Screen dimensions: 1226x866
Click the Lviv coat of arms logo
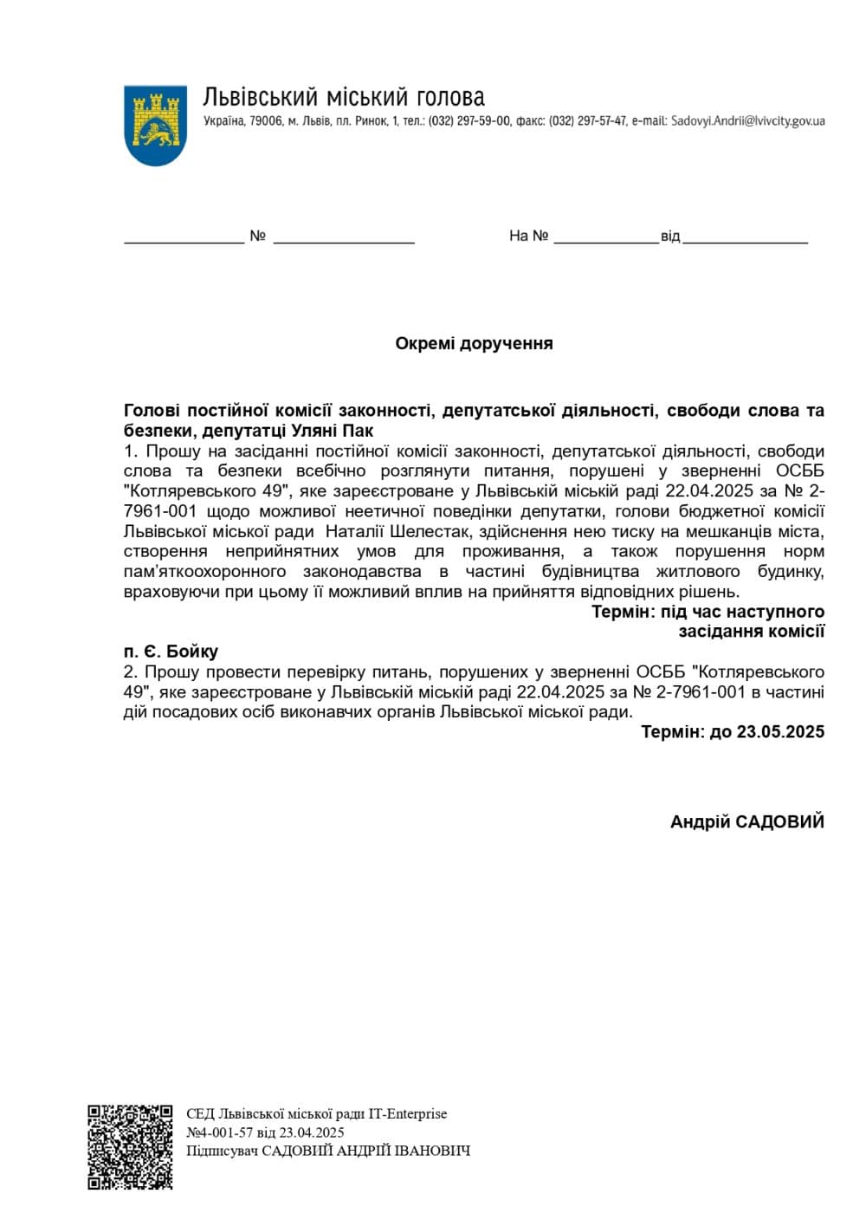coord(156,125)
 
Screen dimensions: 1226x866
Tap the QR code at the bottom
coord(130,1146)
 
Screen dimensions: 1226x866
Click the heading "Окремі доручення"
coord(474,344)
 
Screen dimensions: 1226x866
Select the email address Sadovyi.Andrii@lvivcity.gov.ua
coord(747,121)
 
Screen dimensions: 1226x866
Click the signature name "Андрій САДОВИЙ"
coord(746,821)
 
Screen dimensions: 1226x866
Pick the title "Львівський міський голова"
coord(344,96)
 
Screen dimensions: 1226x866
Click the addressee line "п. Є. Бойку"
coord(171,652)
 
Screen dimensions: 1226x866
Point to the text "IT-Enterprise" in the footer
coord(408,1113)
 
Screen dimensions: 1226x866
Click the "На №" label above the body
coord(528,236)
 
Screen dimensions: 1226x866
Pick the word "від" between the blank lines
coord(670,237)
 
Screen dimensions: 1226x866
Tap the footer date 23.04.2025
coord(312,1132)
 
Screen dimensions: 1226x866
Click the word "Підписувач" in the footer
coord(222,1151)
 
